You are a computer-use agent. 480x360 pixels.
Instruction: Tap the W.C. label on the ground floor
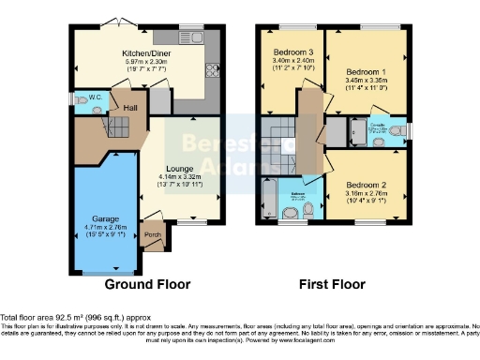95,97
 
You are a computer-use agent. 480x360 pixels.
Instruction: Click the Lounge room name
180,169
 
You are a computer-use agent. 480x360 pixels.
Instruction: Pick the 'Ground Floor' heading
147,284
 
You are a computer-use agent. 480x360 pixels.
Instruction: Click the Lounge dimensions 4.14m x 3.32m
180,177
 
